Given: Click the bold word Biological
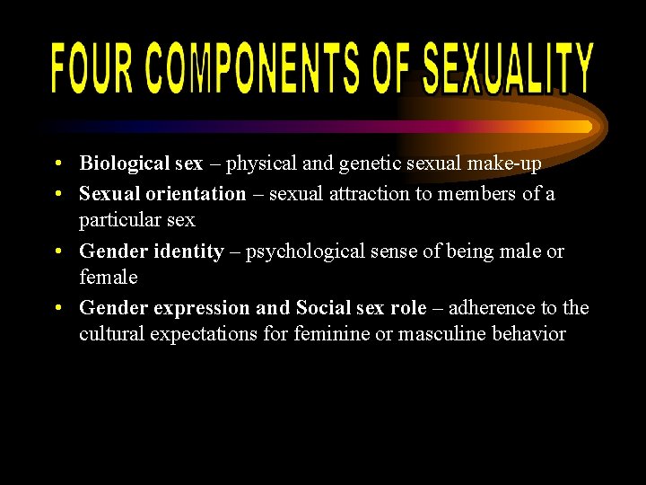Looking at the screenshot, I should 124,163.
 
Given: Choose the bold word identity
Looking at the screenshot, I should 188,251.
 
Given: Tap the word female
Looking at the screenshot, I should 108,278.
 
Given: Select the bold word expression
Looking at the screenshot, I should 201,308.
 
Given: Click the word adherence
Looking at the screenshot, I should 491,308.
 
